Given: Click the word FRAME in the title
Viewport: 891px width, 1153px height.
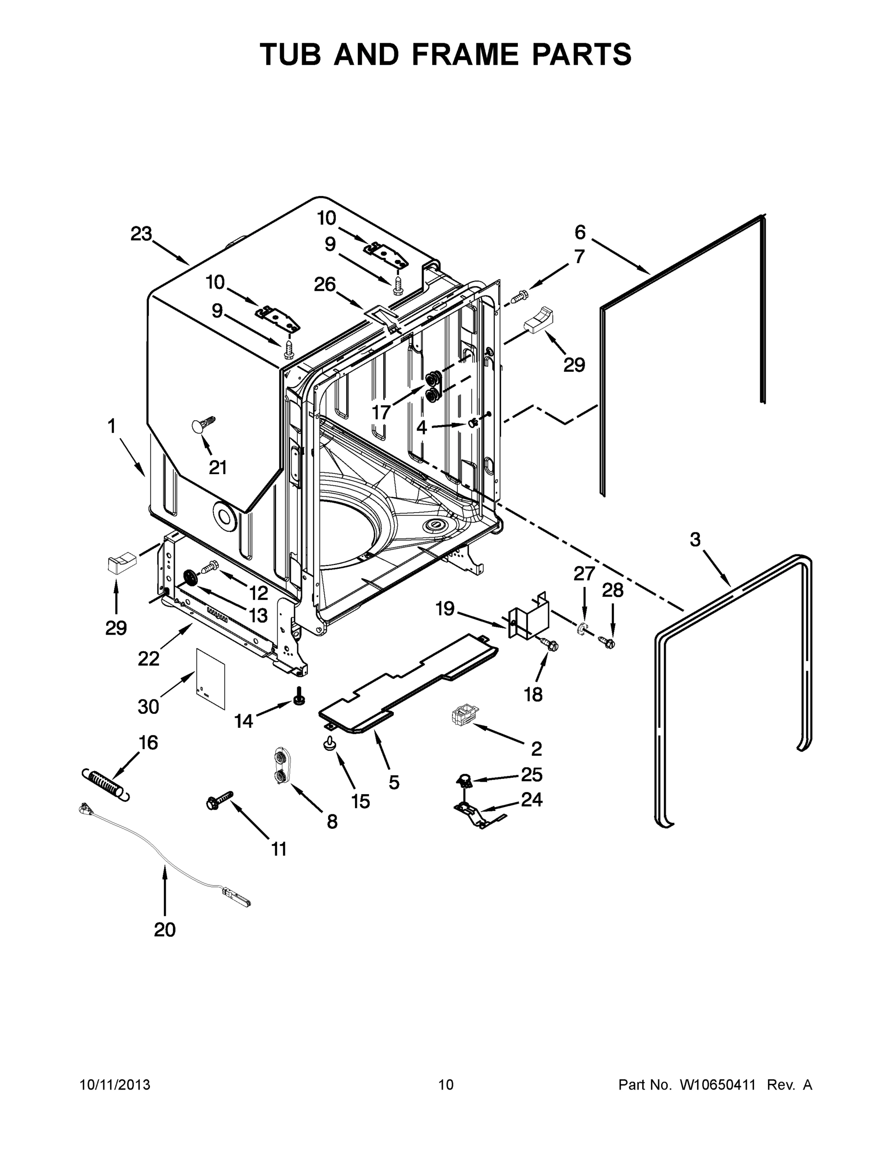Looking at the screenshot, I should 465,54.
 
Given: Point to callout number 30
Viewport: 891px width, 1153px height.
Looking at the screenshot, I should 148,706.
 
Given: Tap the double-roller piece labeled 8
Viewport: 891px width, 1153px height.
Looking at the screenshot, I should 281,766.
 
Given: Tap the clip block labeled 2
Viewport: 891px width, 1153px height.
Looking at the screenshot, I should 463,717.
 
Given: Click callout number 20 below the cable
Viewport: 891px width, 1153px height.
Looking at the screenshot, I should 165,929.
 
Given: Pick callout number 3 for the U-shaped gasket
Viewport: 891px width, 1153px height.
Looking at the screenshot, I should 695,540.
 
